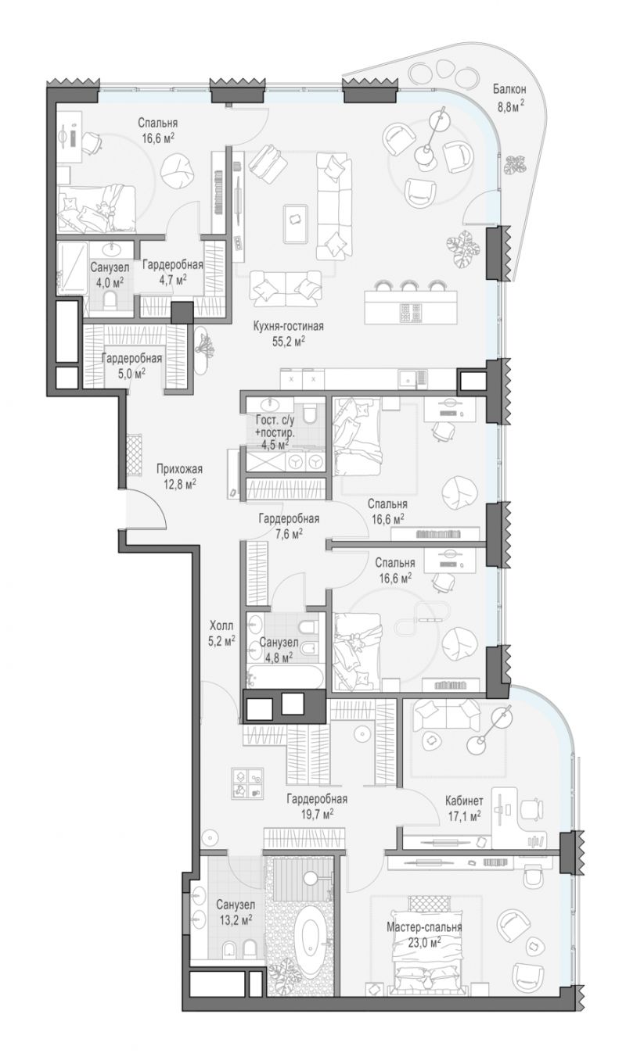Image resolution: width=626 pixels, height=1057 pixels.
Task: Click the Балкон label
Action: click(x=509, y=88)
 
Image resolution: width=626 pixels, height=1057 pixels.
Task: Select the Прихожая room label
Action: click(x=179, y=469)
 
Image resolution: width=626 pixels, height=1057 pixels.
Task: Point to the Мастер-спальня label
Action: click(x=424, y=926)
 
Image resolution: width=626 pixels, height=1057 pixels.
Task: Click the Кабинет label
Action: click(x=465, y=801)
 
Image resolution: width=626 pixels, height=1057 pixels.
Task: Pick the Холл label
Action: click(x=221, y=626)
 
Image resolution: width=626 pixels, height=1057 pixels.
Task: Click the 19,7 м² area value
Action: click(x=318, y=814)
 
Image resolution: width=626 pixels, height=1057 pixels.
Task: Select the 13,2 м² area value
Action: click(x=236, y=919)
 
